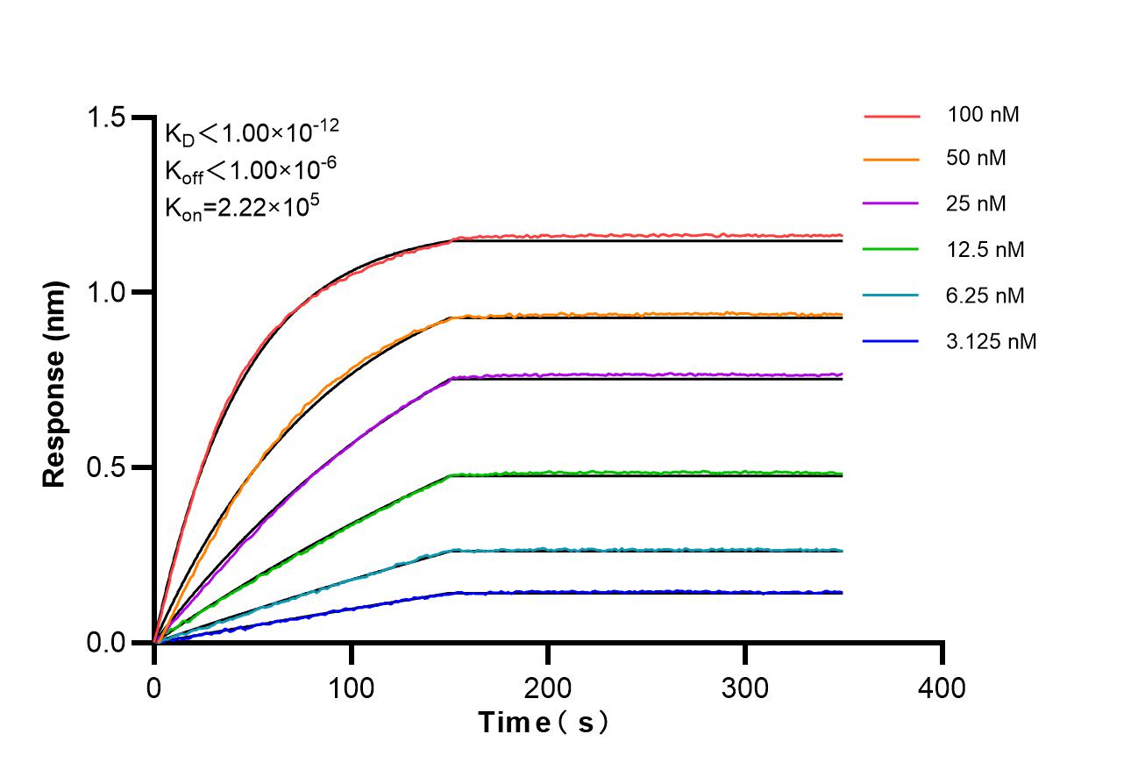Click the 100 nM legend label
click(983, 114)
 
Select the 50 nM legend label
click(977, 159)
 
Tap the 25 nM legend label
click(977, 204)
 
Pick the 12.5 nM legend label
click(985, 250)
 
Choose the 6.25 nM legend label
click(985, 296)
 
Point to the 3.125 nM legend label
click(992, 341)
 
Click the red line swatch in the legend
click(892, 115)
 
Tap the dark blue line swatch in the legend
click(892, 340)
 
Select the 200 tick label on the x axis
click(548, 688)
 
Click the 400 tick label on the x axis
click(942, 688)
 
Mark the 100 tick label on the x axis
click(351, 688)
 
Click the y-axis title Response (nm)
click(55, 384)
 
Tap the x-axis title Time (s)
click(543, 724)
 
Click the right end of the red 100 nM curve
click(840, 235)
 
